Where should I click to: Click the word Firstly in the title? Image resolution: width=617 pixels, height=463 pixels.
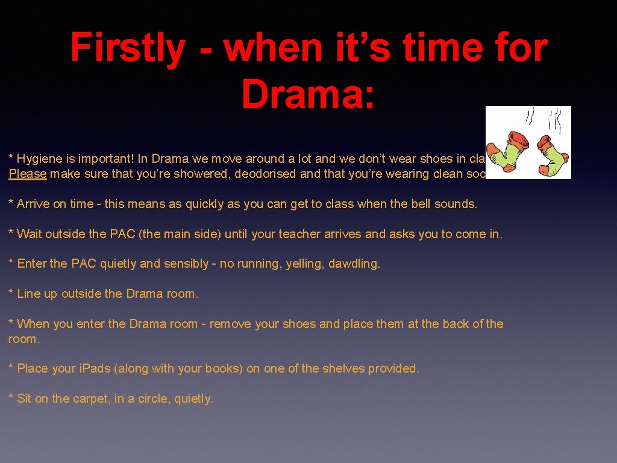coord(127,48)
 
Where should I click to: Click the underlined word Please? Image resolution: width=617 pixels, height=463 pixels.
coord(27,174)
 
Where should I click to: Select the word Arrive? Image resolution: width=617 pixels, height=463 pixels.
coord(33,204)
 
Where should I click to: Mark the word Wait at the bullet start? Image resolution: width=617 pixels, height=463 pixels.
coord(29,234)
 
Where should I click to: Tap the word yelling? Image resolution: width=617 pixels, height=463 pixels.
coord(305,264)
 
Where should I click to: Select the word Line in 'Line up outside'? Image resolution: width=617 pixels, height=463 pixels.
coord(28,294)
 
